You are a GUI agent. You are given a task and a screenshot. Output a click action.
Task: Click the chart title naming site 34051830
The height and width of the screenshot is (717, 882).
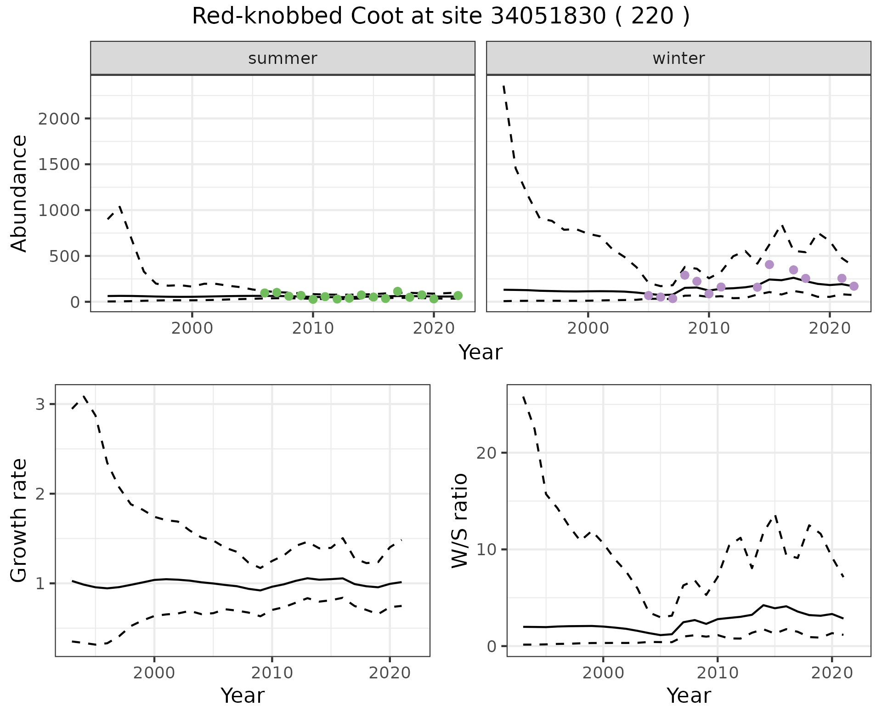(x=441, y=17)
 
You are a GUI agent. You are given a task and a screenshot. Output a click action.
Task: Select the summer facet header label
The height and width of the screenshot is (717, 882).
(x=283, y=58)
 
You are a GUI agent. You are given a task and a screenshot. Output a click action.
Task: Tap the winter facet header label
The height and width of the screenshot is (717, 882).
(x=678, y=58)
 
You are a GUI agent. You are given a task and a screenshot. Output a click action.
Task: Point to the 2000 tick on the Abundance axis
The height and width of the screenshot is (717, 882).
(x=59, y=119)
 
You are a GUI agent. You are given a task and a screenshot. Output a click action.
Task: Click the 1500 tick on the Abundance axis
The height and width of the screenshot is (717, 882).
(x=59, y=165)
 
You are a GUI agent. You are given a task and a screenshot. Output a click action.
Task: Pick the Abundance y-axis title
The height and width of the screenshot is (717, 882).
(x=19, y=193)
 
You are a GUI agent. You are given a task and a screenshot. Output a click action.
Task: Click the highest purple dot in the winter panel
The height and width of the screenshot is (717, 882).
(x=769, y=265)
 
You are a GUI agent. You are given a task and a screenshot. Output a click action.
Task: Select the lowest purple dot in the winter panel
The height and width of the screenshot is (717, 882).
(x=673, y=299)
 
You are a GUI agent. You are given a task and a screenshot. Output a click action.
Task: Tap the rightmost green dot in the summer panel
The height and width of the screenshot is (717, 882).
(x=458, y=296)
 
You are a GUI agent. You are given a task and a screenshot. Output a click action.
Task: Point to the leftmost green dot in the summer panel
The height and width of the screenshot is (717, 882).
(x=265, y=293)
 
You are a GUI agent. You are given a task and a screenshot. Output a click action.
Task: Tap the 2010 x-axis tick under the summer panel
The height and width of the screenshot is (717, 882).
(x=313, y=329)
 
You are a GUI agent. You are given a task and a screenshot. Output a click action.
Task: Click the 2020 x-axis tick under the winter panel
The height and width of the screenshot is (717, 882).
(x=830, y=329)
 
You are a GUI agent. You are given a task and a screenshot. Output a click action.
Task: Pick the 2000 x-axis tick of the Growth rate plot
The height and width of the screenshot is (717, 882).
(x=154, y=673)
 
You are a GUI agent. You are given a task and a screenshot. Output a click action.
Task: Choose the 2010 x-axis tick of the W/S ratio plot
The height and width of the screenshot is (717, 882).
(x=718, y=673)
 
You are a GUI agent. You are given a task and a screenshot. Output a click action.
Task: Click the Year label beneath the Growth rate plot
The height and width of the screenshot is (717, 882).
(x=243, y=696)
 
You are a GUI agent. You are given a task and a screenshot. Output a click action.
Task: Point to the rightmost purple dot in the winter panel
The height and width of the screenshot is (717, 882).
(x=854, y=286)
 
